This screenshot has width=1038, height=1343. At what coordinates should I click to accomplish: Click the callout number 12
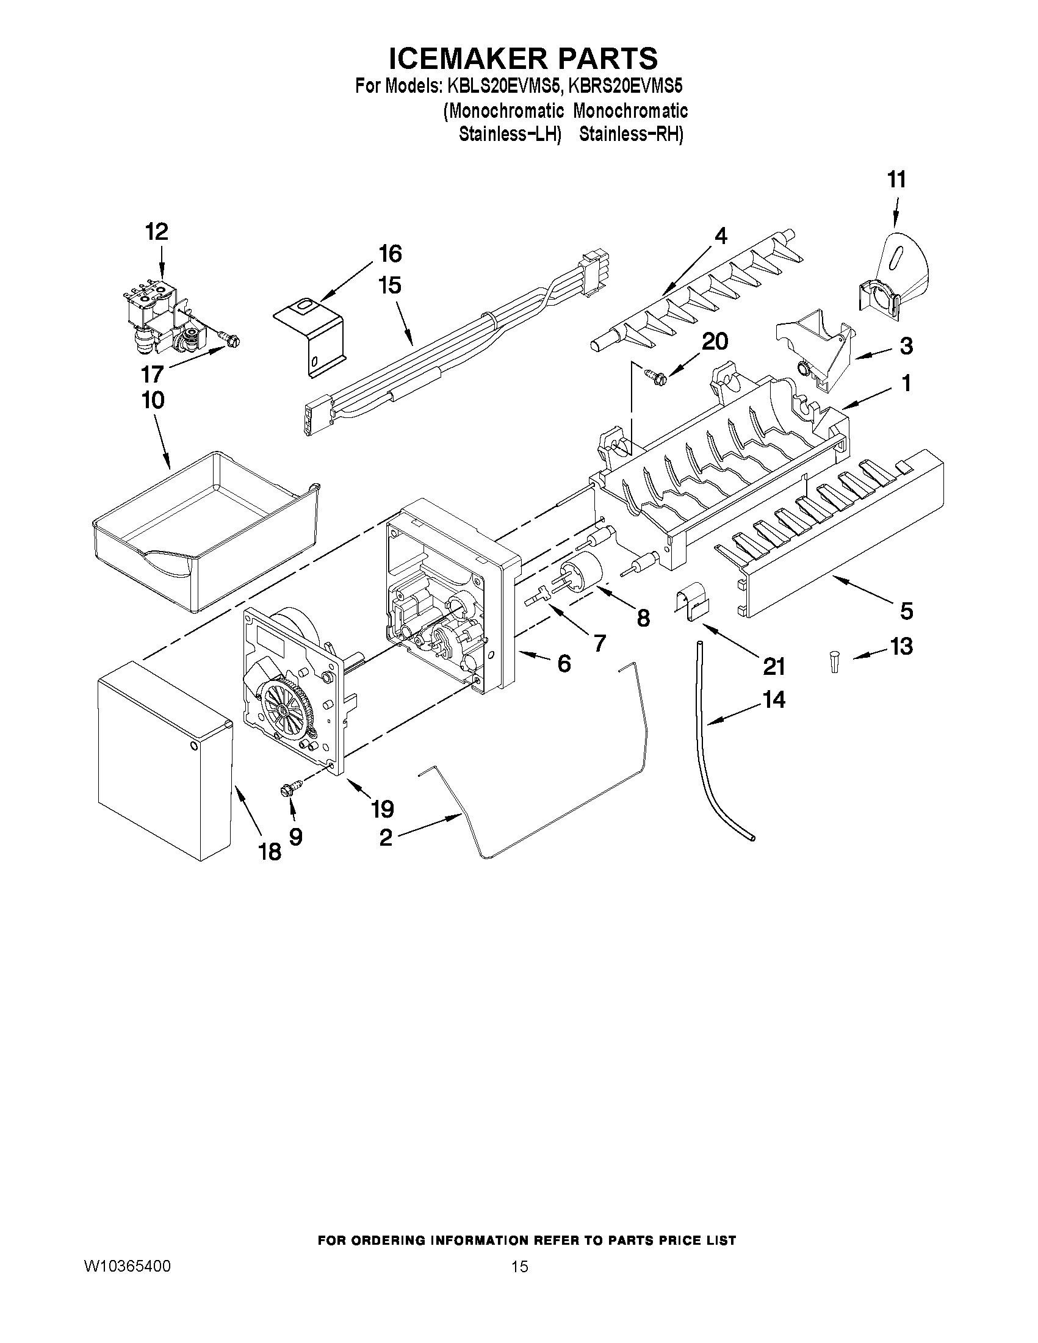[157, 232]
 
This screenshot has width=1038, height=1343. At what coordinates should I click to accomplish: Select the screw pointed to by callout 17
[229, 336]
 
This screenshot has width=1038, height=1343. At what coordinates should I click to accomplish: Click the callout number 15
[390, 286]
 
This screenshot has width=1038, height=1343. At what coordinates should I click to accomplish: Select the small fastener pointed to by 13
[833, 663]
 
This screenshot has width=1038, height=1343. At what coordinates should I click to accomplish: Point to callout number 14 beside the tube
[774, 700]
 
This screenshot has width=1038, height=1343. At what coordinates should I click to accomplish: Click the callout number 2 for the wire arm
[386, 838]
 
